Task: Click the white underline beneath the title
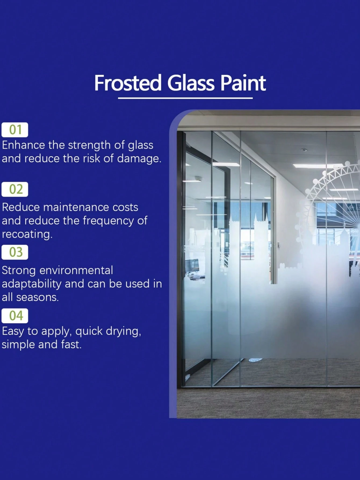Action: pyautogui.click(x=185, y=98)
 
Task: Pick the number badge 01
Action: pyautogui.click(x=15, y=130)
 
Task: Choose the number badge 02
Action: pyautogui.click(x=15, y=189)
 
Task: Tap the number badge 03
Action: pyautogui.click(x=15, y=252)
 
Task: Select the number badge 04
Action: pyautogui.click(x=15, y=316)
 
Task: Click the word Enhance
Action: pyautogui.click(x=23, y=145)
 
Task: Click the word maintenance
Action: pyautogui.click(x=76, y=207)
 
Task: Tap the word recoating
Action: pyautogui.click(x=27, y=234)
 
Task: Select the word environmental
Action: pyautogui.click(x=76, y=271)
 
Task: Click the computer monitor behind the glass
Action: pyautogui.click(x=193, y=265)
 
